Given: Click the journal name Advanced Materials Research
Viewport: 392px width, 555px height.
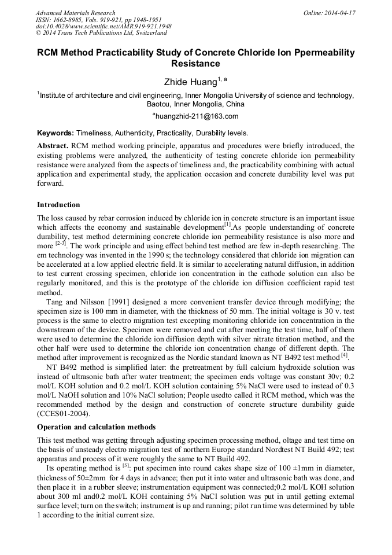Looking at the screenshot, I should pyautogui.click(x=75, y=13).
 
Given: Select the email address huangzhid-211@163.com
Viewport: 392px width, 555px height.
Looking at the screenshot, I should pyautogui.click(x=197, y=116).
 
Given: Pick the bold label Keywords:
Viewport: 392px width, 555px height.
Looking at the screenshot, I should pyautogui.click(x=56, y=133).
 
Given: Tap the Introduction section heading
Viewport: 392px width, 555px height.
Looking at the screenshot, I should pyautogui.click(x=58, y=205).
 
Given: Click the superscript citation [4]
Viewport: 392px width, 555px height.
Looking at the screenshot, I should pyautogui.click(x=344, y=354).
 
